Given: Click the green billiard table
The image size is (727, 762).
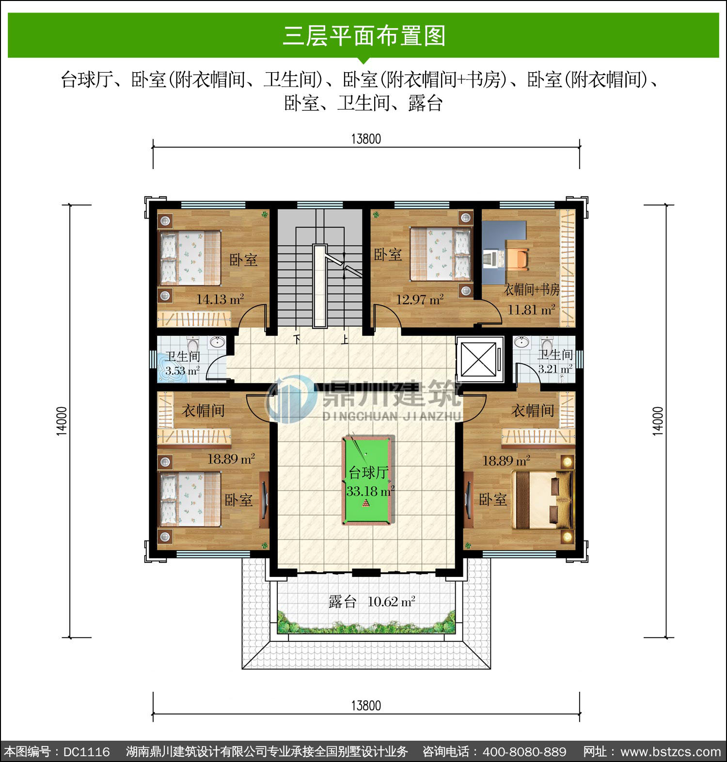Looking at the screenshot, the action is [x=368, y=481].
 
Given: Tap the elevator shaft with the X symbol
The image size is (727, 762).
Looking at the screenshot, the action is [x=478, y=359].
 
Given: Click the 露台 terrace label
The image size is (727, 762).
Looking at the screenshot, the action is [x=343, y=602].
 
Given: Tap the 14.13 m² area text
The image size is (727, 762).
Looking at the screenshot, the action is [x=220, y=299].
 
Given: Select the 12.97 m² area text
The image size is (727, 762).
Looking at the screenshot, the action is [x=420, y=299].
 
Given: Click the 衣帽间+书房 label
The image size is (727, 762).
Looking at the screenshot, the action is [x=532, y=290].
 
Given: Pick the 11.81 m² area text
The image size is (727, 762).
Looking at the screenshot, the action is [x=531, y=310].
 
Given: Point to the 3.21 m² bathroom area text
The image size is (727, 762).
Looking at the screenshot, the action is [x=555, y=369].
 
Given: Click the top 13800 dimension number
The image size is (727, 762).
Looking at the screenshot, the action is [x=366, y=139].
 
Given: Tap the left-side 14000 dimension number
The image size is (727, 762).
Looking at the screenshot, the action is [x=62, y=421].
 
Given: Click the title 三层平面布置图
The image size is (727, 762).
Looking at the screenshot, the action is [x=364, y=36].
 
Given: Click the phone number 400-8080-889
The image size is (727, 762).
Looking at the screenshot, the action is [x=524, y=751].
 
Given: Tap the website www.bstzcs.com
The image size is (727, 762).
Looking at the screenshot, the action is [x=671, y=752].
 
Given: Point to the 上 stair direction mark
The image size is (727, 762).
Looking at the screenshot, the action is [x=345, y=339].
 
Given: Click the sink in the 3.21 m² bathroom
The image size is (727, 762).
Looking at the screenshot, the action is [x=522, y=342].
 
